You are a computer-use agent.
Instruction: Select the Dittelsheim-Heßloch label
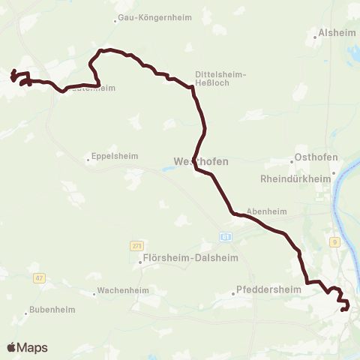coord(220,79)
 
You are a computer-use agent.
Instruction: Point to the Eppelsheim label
coord(114,156)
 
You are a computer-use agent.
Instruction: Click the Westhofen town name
coord(200,161)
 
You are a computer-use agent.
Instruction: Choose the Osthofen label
coord(317,157)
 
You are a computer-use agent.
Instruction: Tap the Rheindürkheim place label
coord(295,179)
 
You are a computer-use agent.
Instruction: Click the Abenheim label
coord(267,211)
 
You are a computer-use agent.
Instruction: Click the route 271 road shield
coord(136,245)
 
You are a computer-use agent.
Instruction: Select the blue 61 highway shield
coord(225,236)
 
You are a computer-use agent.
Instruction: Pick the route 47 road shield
coord(40,277)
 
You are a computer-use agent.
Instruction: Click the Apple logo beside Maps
coord(11,347)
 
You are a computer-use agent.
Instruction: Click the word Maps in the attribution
coord(32,348)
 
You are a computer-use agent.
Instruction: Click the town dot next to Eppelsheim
coord(88,159)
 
